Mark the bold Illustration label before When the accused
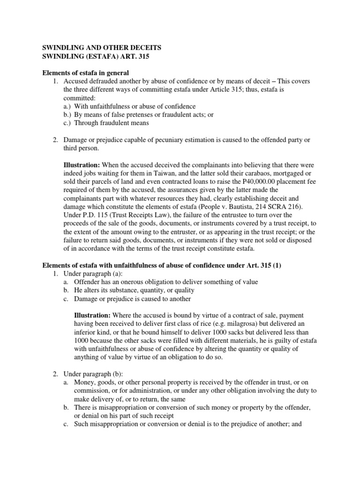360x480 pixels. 82,165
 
